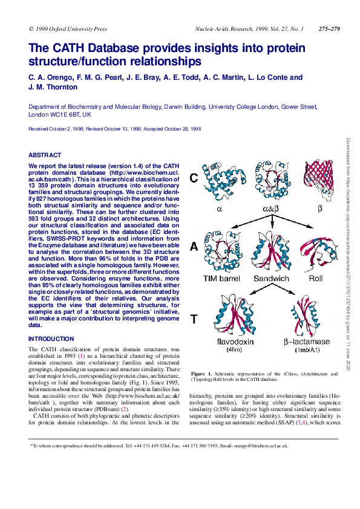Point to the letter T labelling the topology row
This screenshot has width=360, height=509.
pos(193,320)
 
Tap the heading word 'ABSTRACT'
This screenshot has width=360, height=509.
pos(45,155)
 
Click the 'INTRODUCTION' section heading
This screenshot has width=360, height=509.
pos(51,339)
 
